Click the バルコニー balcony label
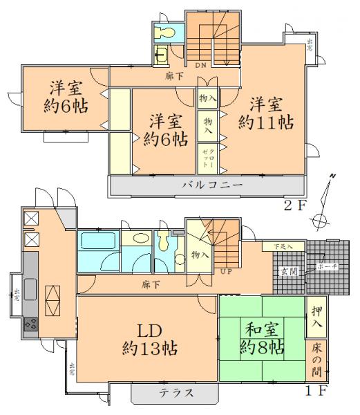tap(212, 186)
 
